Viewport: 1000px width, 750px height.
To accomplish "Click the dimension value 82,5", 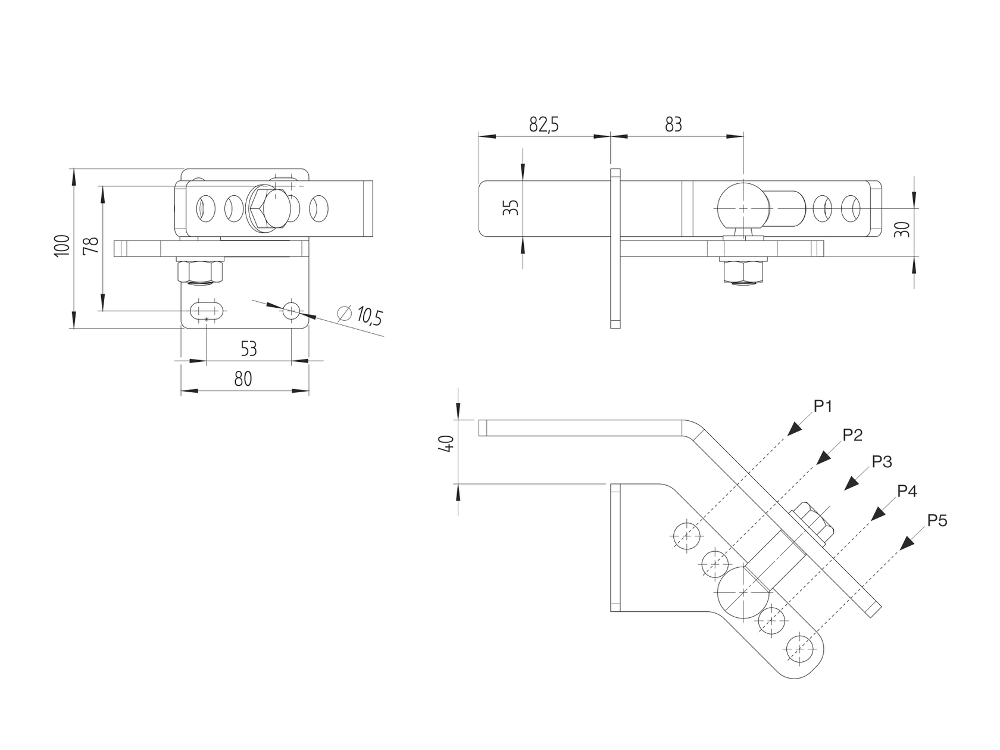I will pyautogui.click(x=544, y=125).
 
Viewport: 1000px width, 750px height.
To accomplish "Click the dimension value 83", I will pyautogui.click(x=673, y=125).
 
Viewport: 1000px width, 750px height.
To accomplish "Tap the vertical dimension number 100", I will pyautogui.click(x=62, y=246).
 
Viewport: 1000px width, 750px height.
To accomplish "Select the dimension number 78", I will pyautogui.click(x=90, y=246).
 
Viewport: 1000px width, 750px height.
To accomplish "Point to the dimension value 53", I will pyautogui.click(x=249, y=348).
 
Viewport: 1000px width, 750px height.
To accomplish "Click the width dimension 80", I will pyautogui.click(x=243, y=379).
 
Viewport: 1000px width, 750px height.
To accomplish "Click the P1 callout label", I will pyautogui.click(x=823, y=407).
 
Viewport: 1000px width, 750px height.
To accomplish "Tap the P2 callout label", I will pyautogui.click(x=852, y=435).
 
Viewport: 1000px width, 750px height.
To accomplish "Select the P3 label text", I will pyautogui.click(x=882, y=462).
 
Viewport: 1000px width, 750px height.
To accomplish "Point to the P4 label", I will pyautogui.click(x=907, y=491).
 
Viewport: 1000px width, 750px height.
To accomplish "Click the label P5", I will pyautogui.click(x=937, y=521).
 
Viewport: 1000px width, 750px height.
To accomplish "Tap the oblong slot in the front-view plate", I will pyautogui.click(x=206, y=310).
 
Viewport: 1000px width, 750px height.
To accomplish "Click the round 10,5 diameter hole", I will pyautogui.click(x=292, y=310).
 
